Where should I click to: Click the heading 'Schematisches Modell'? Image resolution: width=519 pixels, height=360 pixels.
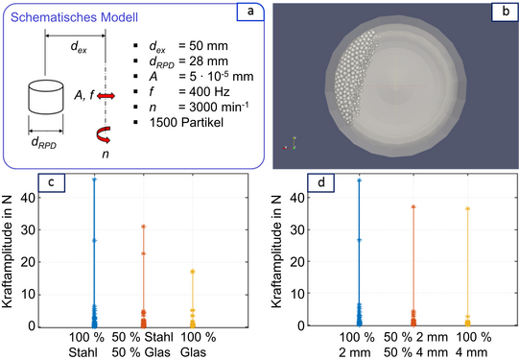tap(74, 17)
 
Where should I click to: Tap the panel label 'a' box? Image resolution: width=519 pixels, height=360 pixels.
tap(250, 12)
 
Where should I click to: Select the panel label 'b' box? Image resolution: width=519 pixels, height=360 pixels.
tap(506, 12)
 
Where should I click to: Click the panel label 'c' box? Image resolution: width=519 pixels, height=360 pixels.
tap(52, 182)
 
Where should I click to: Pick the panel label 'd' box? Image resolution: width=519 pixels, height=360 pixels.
tap(320, 182)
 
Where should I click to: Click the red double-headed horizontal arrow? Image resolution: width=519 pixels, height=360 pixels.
tap(106, 96)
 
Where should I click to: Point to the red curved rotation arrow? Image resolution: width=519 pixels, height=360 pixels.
tap(104, 134)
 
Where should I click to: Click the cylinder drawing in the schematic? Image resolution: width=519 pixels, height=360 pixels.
tap(46, 97)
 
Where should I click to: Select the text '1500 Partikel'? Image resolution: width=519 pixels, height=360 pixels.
tap(186, 123)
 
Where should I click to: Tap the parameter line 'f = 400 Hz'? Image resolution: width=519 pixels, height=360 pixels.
tap(189, 91)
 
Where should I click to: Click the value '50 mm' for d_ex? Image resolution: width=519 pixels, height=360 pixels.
tap(208, 46)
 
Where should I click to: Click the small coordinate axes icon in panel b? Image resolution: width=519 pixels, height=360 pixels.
tap(290, 143)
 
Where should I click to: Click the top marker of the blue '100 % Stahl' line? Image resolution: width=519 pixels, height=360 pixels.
tap(94, 180)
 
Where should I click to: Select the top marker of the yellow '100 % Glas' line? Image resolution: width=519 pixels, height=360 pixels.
tap(192, 272)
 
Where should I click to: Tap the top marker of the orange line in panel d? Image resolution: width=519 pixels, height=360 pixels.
tap(413, 206)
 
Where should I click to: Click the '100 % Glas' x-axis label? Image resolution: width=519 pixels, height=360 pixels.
tap(198, 345)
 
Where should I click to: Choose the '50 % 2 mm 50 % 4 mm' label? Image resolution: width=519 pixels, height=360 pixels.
tap(415, 345)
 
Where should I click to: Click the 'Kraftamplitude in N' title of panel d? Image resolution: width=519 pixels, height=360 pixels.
tap(276, 252)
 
